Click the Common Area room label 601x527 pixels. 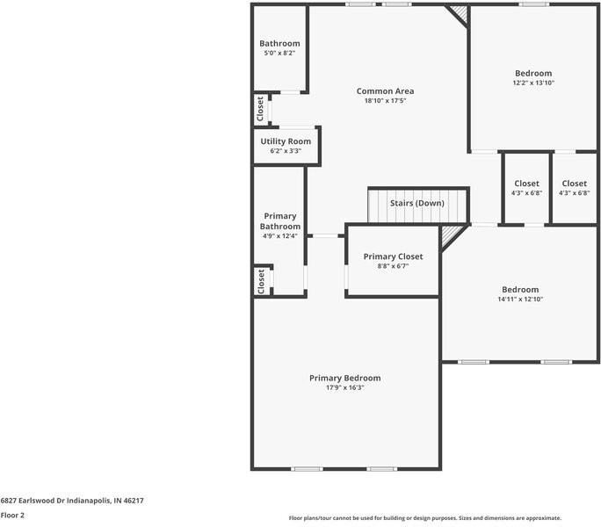point(385,91)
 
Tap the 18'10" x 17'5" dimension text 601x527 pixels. point(385,101)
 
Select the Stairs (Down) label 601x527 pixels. point(417,203)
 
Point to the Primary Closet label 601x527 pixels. point(393,256)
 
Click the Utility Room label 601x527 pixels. point(286,141)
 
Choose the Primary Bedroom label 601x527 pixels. point(344,378)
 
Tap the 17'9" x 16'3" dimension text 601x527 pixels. point(344,387)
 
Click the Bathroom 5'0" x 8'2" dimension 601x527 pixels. point(279,54)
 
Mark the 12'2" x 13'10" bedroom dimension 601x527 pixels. point(533,83)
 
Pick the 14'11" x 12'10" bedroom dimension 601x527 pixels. point(520,300)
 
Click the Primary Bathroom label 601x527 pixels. point(279,221)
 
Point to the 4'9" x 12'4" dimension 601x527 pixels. point(279,235)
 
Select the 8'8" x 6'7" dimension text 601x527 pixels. point(393,266)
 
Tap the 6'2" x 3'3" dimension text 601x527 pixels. point(286,151)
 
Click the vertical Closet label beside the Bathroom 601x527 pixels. point(260,110)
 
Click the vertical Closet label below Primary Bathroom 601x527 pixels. point(261,281)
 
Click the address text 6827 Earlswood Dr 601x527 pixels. point(72,501)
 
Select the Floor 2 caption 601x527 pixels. point(12,516)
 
